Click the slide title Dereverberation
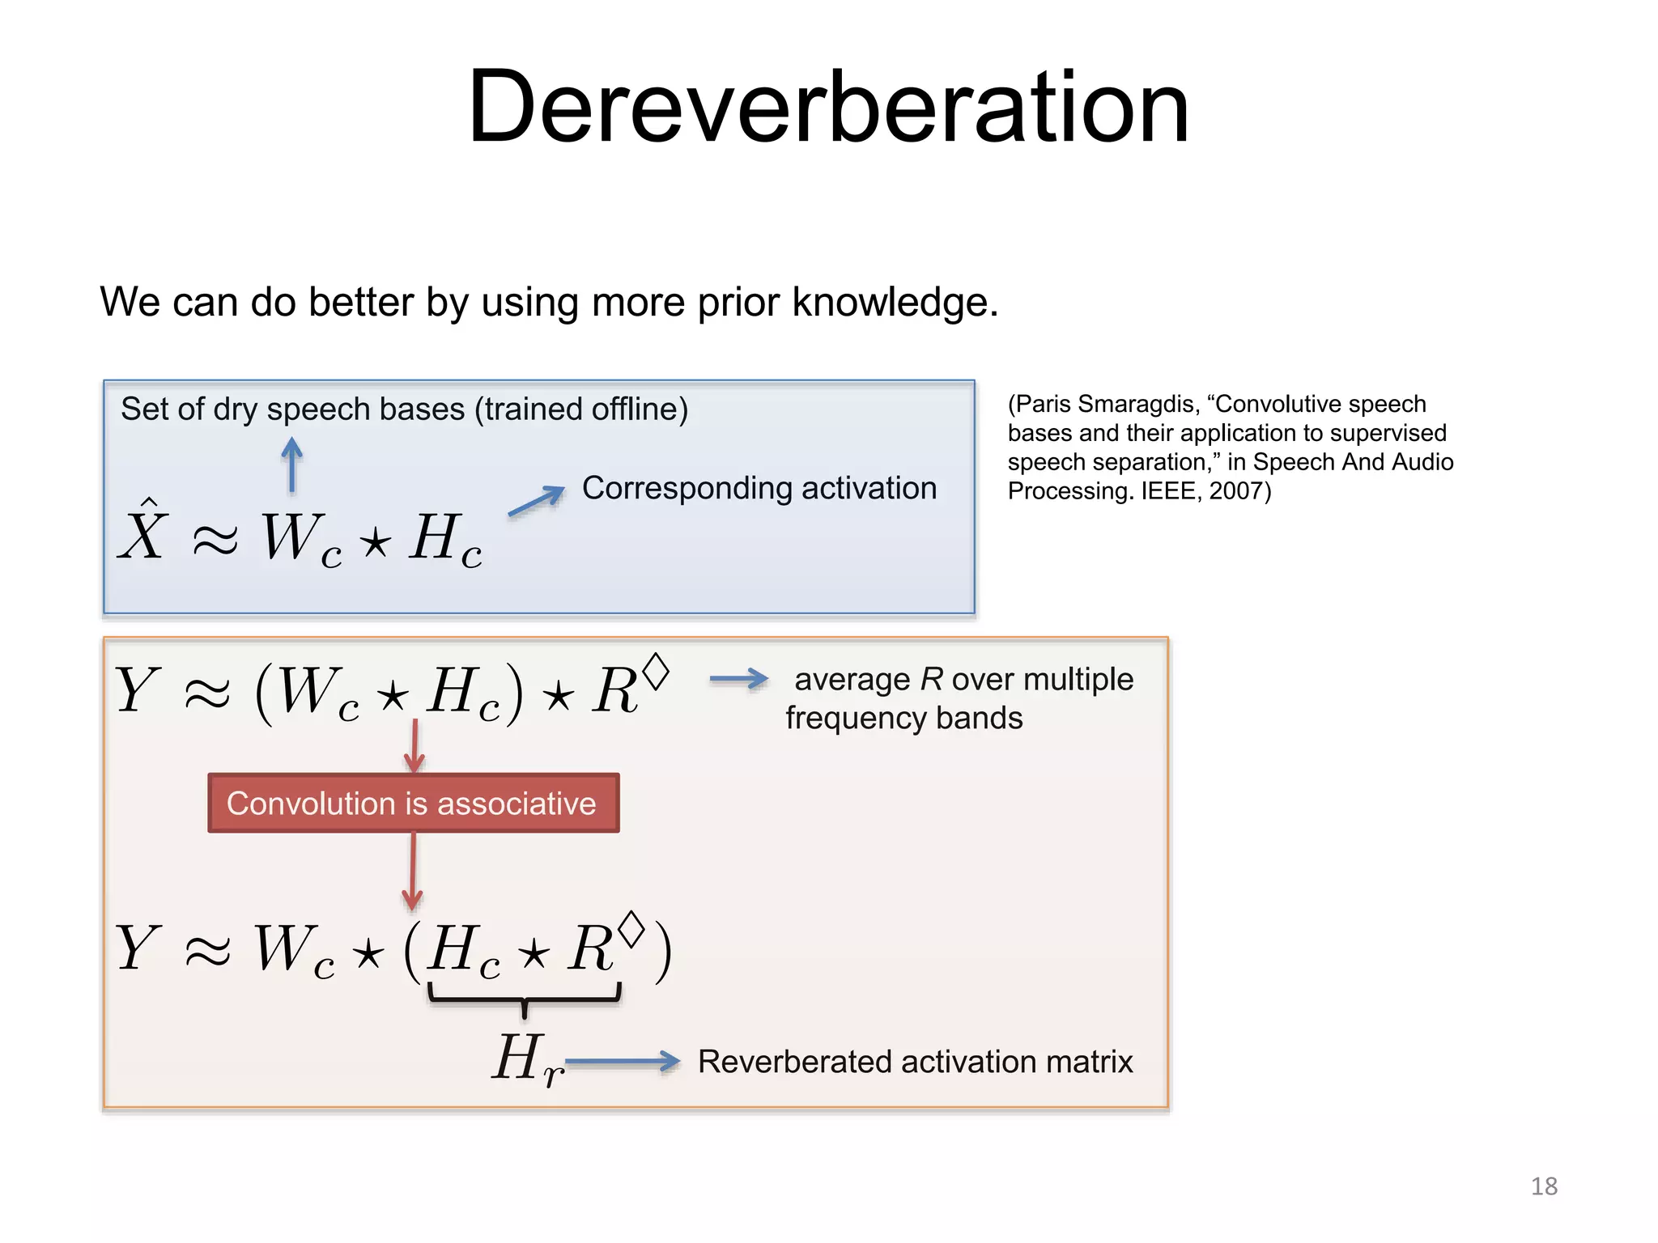click(828, 108)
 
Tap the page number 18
click(1544, 1186)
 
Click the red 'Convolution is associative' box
click(413, 803)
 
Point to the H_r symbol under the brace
click(526, 1060)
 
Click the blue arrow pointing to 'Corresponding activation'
click(536, 501)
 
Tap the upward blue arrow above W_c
click(292, 465)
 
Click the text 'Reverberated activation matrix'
click(915, 1061)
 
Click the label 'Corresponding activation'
click(759, 488)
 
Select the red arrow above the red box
click(414, 745)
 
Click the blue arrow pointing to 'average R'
click(738, 679)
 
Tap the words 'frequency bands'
click(903, 718)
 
